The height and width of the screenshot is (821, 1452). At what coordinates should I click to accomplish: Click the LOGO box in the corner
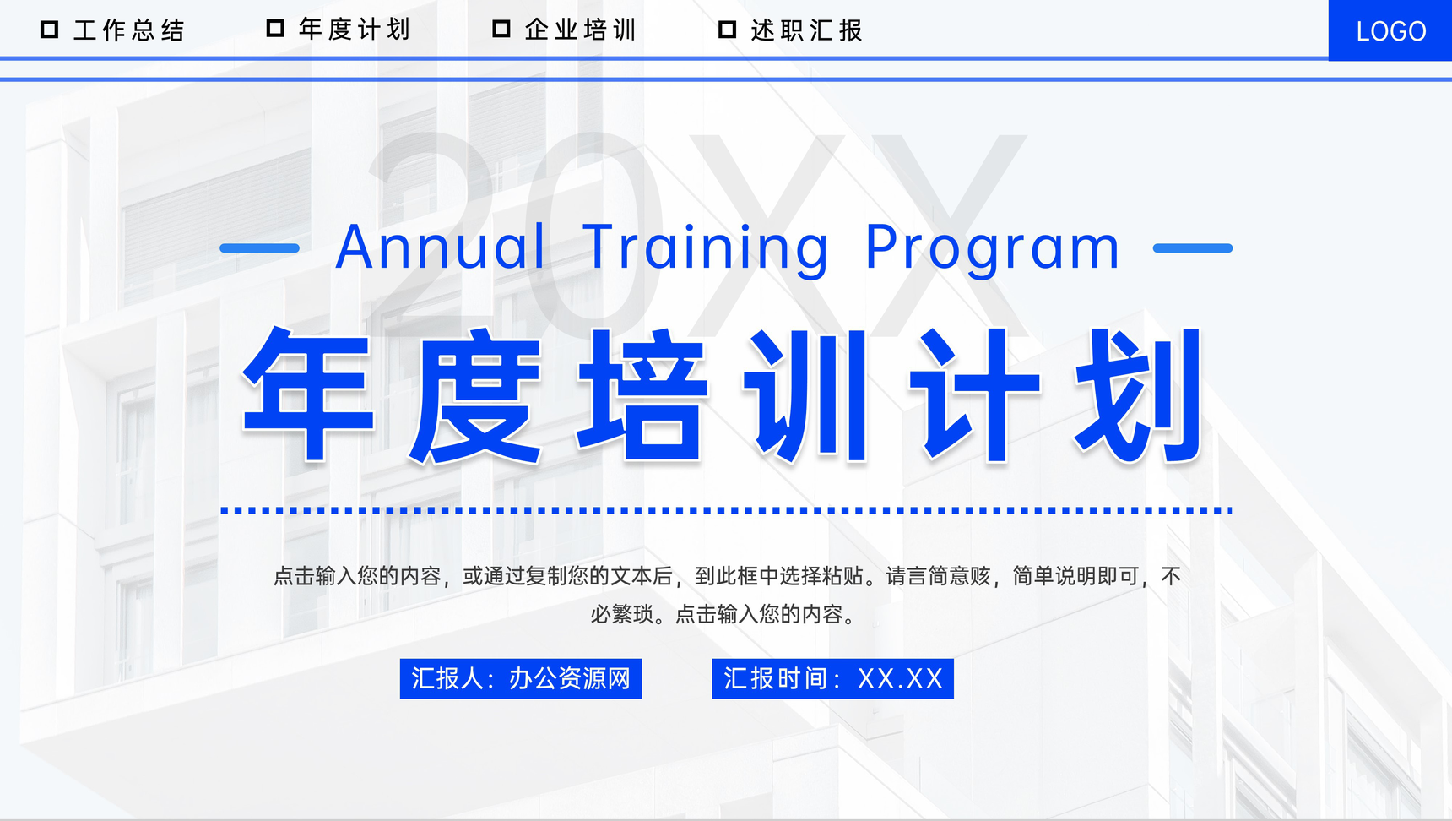pyautogui.click(x=1390, y=31)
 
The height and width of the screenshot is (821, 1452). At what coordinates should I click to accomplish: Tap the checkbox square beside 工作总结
pyautogui.click(x=50, y=30)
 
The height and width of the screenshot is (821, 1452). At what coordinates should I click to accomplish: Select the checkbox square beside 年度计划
pyautogui.click(x=275, y=29)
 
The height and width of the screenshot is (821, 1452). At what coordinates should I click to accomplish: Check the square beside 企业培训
pyautogui.click(x=501, y=29)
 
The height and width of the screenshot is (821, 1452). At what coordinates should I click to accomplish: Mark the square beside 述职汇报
pyautogui.click(x=727, y=30)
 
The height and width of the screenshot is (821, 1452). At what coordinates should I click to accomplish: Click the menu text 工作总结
pyautogui.click(x=129, y=30)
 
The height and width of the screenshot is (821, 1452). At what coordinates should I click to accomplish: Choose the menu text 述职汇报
pyautogui.click(x=807, y=30)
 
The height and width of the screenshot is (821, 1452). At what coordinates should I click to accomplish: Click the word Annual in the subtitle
pyautogui.click(x=440, y=247)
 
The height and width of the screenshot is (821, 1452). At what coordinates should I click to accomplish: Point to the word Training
pyautogui.click(x=706, y=247)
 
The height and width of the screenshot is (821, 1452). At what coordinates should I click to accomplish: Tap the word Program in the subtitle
pyautogui.click(x=993, y=247)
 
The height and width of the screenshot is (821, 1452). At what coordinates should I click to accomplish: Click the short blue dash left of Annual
pyautogui.click(x=259, y=248)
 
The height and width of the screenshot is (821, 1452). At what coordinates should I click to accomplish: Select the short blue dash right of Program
pyautogui.click(x=1192, y=248)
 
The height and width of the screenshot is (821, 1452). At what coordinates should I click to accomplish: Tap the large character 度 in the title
pyautogui.click(x=475, y=395)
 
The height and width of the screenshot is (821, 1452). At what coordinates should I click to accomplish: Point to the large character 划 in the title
pyautogui.click(x=1140, y=395)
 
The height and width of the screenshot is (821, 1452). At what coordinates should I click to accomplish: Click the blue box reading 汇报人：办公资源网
pyautogui.click(x=520, y=678)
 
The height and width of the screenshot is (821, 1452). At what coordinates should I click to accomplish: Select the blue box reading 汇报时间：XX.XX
pyautogui.click(x=832, y=678)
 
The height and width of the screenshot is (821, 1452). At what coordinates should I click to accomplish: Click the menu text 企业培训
pyautogui.click(x=581, y=30)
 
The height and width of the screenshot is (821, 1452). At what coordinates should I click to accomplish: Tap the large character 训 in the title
pyautogui.click(x=807, y=395)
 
